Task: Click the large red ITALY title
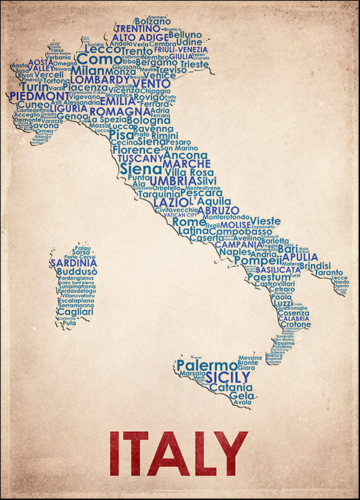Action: click(x=179, y=454)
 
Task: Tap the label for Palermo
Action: click(x=206, y=366)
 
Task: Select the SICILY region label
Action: click(x=228, y=377)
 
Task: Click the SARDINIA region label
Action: click(x=73, y=263)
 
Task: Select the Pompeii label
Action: click(x=258, y=261)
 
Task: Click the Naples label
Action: click(x=234, y=252)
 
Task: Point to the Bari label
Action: click(x=288, y=249)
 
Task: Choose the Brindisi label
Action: click(x=314, y=266)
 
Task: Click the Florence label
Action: click(x=136, y=150)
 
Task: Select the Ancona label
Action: click(x=185, y=155)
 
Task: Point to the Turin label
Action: click(x=35, y=86)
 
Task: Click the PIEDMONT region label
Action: click(x=39, y=96)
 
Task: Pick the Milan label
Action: click(x=87, y=71)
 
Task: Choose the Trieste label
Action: click(x=194, y=64)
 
